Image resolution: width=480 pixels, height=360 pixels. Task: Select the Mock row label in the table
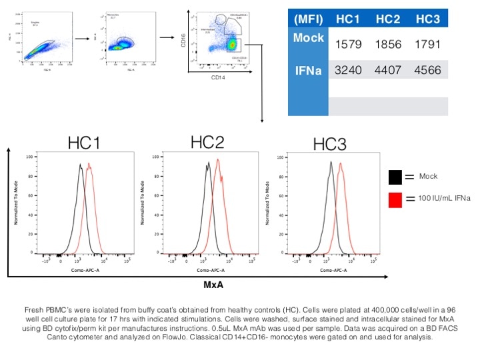tap(308, 38)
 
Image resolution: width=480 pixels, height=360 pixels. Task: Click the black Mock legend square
tap(395, 177)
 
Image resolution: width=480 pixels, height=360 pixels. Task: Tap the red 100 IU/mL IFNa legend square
tap(395, 200)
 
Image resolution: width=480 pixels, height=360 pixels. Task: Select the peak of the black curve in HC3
tap(330, 162)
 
